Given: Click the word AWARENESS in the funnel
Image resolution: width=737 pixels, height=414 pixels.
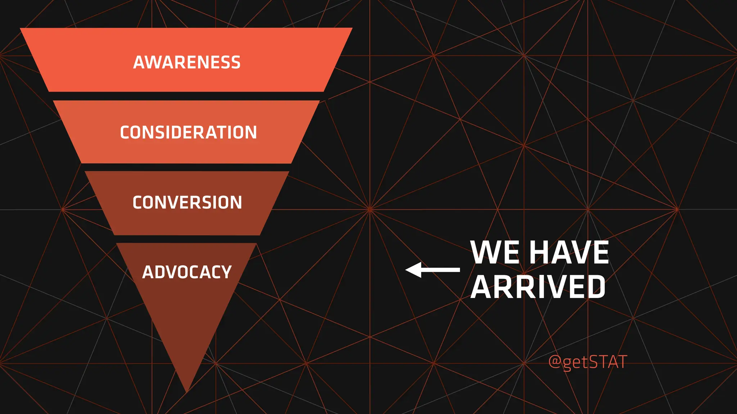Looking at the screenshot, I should (x=187, y=62).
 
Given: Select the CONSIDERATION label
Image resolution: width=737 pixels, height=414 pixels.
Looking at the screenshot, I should (x=188, y=132).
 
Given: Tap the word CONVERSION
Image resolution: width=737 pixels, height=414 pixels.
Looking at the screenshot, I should (x=187, y=202).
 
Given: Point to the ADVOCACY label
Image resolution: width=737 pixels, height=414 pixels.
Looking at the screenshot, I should (x=187, y=272).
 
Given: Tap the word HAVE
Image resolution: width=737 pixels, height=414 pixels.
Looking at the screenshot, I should (x=569, y=252).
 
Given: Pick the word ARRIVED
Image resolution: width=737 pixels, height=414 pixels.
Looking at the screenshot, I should (x=538, y=286).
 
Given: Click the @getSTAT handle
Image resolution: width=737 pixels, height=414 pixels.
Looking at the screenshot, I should (x=588, y=362).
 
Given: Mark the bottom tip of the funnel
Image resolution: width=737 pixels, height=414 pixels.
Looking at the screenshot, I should (x=187, y=391).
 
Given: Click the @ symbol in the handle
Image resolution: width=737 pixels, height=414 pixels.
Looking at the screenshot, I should (x=555, y=362).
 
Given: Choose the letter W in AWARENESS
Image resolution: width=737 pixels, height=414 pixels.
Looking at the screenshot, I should (x=154, y=62).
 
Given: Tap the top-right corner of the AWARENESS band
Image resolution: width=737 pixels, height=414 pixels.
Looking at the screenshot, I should (x=351, y=29).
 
